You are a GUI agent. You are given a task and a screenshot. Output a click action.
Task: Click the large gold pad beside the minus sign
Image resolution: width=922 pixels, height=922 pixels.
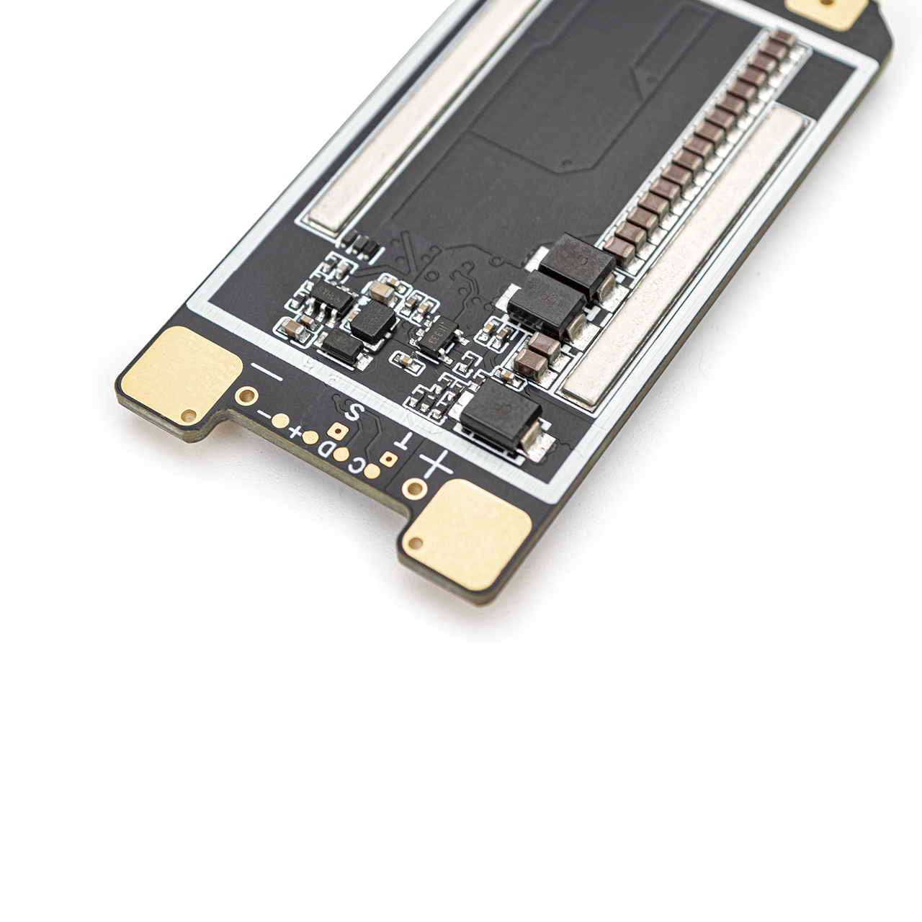coord(180,375)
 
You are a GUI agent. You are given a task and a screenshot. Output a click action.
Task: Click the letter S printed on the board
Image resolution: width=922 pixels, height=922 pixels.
coord(353,413)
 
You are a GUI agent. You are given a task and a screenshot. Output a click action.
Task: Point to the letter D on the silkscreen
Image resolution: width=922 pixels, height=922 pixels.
coord(325,450)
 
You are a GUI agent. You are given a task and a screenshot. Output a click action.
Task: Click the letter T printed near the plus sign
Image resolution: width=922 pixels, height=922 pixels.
coord(404,442)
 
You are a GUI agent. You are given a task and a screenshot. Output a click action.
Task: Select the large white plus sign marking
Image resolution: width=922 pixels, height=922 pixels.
coord(436,465)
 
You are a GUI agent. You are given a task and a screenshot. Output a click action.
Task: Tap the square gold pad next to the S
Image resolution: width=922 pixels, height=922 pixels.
coord(335,431)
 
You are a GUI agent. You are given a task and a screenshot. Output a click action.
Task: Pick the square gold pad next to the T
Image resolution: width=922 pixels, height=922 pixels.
coord(388,459)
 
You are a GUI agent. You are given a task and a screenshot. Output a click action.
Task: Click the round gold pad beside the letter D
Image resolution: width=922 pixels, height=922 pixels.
coord(341,455)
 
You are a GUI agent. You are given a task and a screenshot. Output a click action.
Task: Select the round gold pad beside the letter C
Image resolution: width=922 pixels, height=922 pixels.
coord(372,471)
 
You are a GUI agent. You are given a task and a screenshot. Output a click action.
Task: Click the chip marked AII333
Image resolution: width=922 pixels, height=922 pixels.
coord(437,336)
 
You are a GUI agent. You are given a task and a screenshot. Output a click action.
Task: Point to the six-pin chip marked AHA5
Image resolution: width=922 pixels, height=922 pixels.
coord(330,296)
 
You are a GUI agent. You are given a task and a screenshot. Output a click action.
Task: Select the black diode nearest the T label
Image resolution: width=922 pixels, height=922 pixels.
coord(501,415)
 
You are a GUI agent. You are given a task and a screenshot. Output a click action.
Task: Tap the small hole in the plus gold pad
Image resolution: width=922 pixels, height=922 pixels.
coord(415,542)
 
